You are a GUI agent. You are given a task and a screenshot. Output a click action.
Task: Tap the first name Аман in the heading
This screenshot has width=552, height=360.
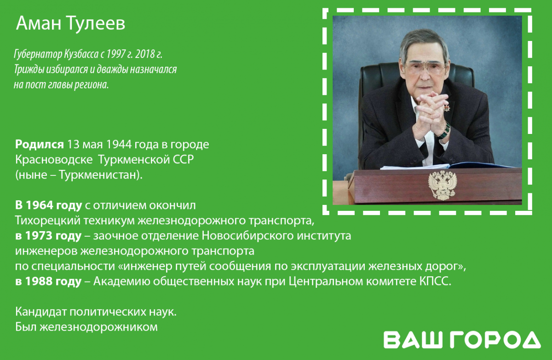click(x=39, y=23)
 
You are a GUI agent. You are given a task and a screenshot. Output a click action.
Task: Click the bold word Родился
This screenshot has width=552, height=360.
click(x=40, y=145)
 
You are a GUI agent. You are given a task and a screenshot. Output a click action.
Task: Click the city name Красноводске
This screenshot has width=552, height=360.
click(x=54, y=160)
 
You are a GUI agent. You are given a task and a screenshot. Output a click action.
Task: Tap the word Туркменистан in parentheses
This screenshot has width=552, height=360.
click(x=98, y=175)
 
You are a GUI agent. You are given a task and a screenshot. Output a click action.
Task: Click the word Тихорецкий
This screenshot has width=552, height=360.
click(x=48, y=221)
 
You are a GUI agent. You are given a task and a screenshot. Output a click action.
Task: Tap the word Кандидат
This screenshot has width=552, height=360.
click(x=41, y=312)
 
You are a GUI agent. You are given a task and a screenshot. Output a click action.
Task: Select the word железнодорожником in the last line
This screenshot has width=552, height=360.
click(x=98, y=327)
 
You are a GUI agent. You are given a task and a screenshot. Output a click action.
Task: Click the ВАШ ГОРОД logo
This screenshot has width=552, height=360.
click(x=462, y=340)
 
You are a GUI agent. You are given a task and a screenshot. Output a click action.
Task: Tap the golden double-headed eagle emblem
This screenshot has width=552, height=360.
click(x=443, y=185)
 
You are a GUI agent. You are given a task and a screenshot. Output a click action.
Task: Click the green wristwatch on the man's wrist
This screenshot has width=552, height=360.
click(x=444, y=131)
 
